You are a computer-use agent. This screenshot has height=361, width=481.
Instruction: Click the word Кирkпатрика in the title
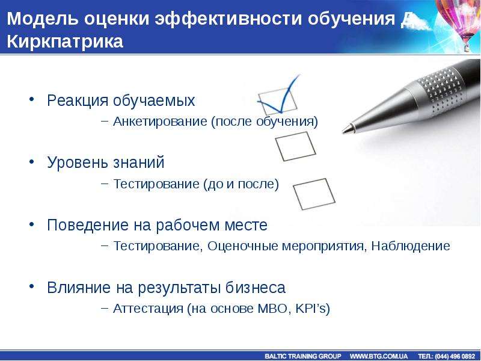click(65, 41)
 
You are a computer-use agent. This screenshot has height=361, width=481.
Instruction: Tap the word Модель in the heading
click(42, 18)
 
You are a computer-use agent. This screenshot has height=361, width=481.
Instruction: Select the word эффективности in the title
click(228, 19)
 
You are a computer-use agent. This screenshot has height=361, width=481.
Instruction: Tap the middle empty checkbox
click(295, 146)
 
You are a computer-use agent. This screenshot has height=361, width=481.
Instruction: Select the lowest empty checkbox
click(314, 194)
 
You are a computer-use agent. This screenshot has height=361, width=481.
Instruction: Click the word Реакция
click(78, 100)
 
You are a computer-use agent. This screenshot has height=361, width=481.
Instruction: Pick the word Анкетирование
click(160, 122)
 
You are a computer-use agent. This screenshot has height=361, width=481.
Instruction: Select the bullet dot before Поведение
click(32, 224)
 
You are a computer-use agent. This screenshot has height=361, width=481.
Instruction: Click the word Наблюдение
click(411, 245)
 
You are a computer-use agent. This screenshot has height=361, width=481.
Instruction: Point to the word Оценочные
click(243, 245)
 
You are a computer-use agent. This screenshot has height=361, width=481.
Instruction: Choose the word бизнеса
click(256, 287)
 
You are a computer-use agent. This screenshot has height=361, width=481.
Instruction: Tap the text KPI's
click(311, 308)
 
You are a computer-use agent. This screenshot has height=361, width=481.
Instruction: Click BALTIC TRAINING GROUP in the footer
click(303, 356)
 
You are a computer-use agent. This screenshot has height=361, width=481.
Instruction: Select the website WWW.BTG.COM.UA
click(379, 356)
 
